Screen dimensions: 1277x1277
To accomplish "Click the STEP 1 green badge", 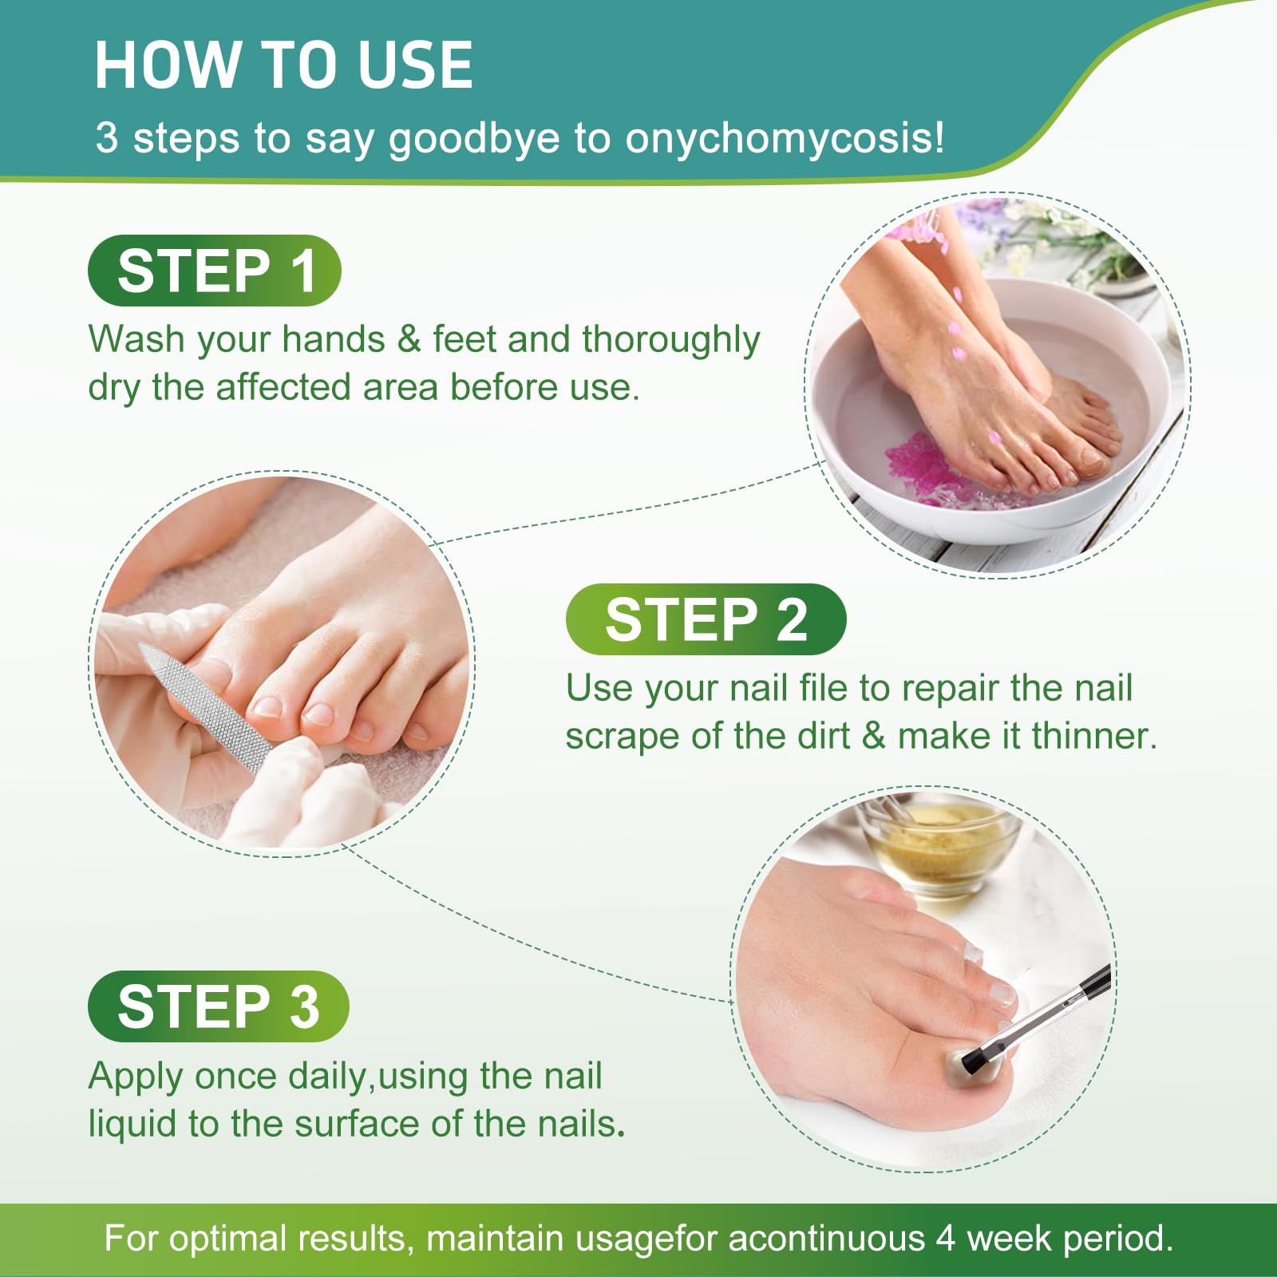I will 214,271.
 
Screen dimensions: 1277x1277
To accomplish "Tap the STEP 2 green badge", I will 706,619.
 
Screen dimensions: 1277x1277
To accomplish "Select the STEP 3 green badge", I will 218,1006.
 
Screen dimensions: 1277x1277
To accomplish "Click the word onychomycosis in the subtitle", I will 784,138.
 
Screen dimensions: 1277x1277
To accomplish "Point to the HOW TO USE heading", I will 283,65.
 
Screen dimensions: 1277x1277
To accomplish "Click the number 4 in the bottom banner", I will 946,1239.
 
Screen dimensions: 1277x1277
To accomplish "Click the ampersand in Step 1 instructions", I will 409,339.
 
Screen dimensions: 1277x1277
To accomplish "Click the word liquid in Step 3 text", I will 132,1125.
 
